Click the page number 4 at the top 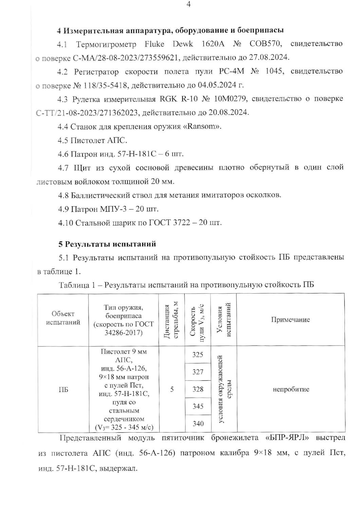(189, 4)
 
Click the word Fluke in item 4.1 (154, 44)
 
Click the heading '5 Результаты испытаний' (107, 244)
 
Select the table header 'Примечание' (290, 320)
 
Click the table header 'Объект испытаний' (63, 318)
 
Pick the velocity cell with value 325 (198, 355)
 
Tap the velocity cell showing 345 (198, 406)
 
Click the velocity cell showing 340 (198, 423)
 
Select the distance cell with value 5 (172, 389)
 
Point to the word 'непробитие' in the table (291, 389)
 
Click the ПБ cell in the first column (63, 390)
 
